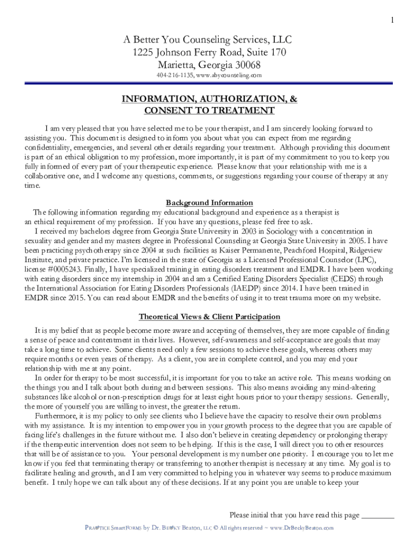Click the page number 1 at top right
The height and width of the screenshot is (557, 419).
click(x=391, y=21)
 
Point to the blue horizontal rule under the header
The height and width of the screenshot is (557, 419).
click(x=209, y=83)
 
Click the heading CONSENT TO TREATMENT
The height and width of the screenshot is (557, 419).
click(x=209, y=111)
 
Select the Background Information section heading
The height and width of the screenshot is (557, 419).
click(x=209, y=203)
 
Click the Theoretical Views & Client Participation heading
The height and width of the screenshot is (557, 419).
click(x=209, y=317)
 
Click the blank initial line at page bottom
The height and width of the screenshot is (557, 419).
click(x=378, y=515)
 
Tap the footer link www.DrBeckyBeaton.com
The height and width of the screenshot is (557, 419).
click(x=301, y=528)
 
